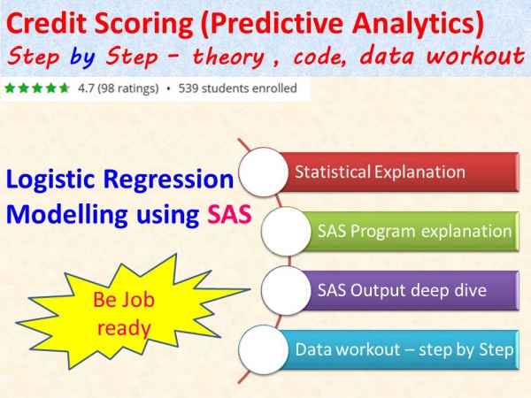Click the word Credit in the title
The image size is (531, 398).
(x=48, y=23)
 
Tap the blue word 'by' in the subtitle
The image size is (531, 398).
(x=82, y=57)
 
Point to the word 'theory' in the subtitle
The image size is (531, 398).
(x=228, y=57)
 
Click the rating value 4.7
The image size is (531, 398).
(x=86, y=88)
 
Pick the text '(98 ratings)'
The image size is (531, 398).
(x=128, y=88)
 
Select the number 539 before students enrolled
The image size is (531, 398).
(x=189, y=88)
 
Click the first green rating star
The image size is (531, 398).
(x=10, y=88)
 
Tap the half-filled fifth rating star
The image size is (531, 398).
(x=64, y=88)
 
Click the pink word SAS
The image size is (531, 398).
(x=229, y=214)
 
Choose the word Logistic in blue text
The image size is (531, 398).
(x=50, y=180)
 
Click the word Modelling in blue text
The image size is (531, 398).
(x=66, y=215)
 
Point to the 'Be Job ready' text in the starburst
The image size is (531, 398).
(x=124, y=314)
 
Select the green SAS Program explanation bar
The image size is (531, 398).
(x=410, y=231)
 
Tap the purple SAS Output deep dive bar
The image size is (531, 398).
(x=410, y=290)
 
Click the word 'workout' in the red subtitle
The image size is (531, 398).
(x=474, y=56)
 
